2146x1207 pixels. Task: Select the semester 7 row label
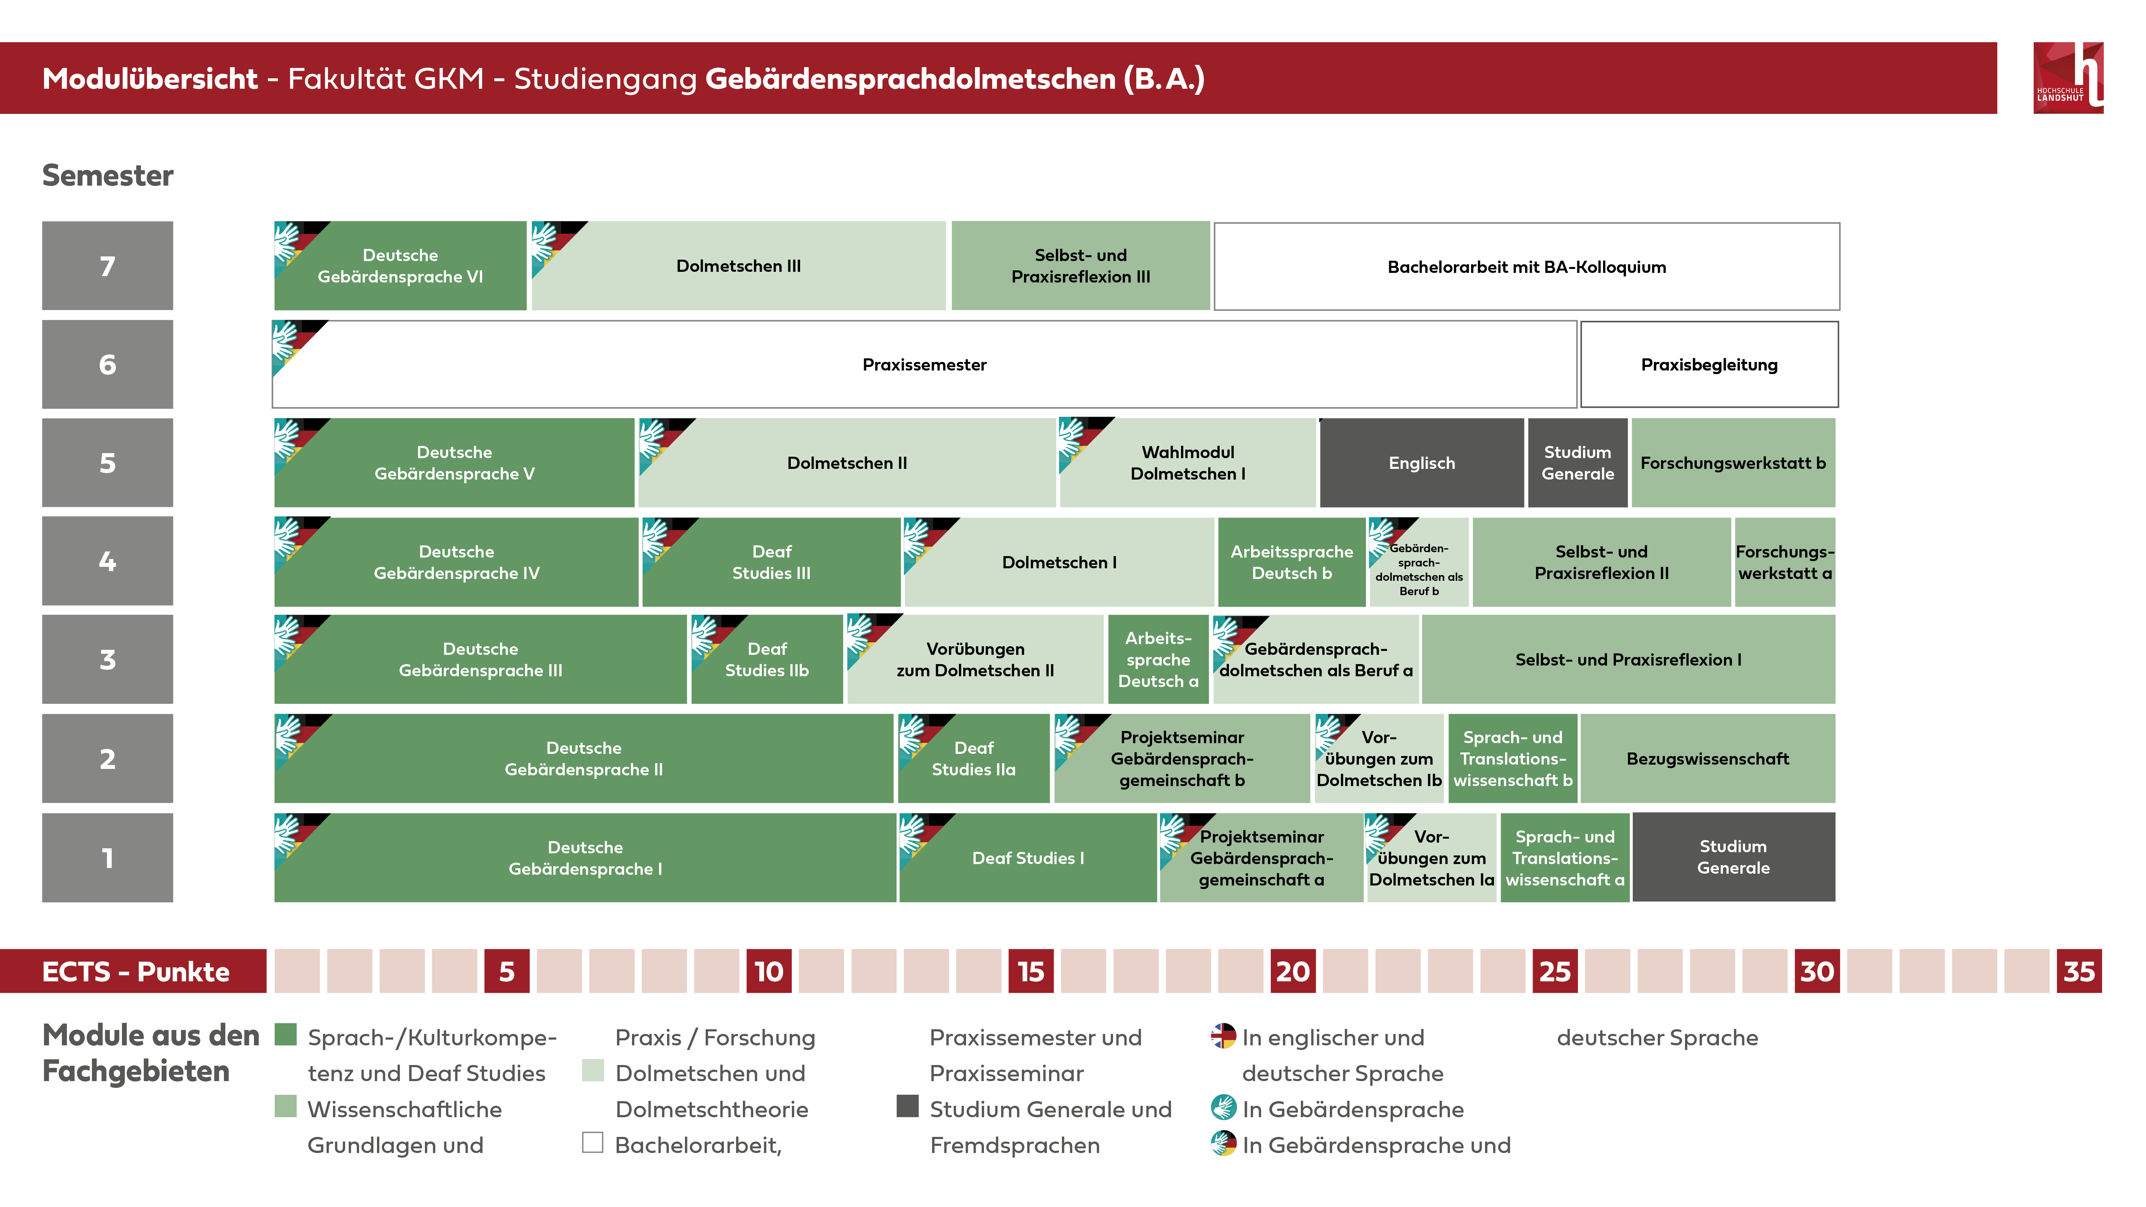pos(107,266)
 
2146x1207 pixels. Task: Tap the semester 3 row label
pos(107,659)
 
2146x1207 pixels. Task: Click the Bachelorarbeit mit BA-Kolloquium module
pos(1526,266)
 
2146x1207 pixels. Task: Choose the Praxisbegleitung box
pos(1709,365)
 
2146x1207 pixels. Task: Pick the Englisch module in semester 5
pos(1421,463)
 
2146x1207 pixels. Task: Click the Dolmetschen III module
pos(738,266)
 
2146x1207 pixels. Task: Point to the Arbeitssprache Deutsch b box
pos(1291,562)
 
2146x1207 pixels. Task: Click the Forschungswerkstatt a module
pos(1784,562)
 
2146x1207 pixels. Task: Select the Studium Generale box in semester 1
pos(1733,857)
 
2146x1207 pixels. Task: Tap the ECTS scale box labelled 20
pos(1292,971)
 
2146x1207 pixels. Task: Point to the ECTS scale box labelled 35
pos(2078,971)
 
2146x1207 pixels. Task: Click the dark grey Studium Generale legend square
pos(907,1106)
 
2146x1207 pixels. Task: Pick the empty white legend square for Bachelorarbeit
pos(592,1142)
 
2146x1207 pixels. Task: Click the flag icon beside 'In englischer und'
pos(1223,1035)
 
